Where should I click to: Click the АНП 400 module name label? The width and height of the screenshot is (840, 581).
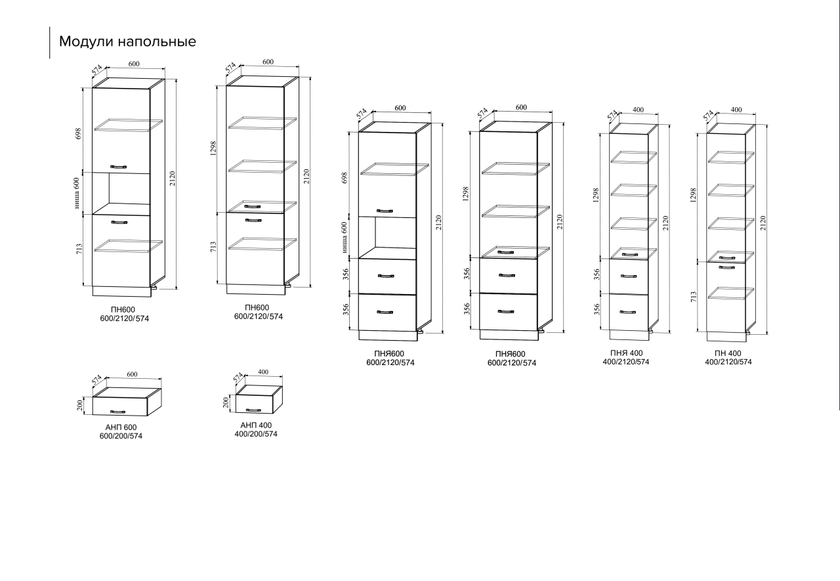point(256,425)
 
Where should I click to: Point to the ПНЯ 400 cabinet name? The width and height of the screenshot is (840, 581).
point(626,353)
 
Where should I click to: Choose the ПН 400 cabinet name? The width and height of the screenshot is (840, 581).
point(728,353)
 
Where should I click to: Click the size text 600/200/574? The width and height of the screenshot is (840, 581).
point(121,436)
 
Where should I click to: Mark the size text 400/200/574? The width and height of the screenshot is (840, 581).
point(256,434)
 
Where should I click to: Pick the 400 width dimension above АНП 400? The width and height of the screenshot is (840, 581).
point(263,372)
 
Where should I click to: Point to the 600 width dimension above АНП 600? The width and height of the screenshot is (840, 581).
point(132,374)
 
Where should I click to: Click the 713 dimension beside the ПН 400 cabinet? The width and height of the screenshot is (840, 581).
point(694,296)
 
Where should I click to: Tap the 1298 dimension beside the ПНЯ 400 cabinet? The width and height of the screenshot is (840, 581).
point(597,195)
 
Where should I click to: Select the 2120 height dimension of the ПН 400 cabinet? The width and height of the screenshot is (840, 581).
point(763,223)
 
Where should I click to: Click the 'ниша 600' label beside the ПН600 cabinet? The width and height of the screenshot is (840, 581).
point(77,193)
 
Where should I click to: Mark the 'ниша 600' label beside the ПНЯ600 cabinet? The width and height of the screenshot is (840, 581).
point(344,237)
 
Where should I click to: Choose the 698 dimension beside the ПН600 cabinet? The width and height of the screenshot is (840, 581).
point(78,134)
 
